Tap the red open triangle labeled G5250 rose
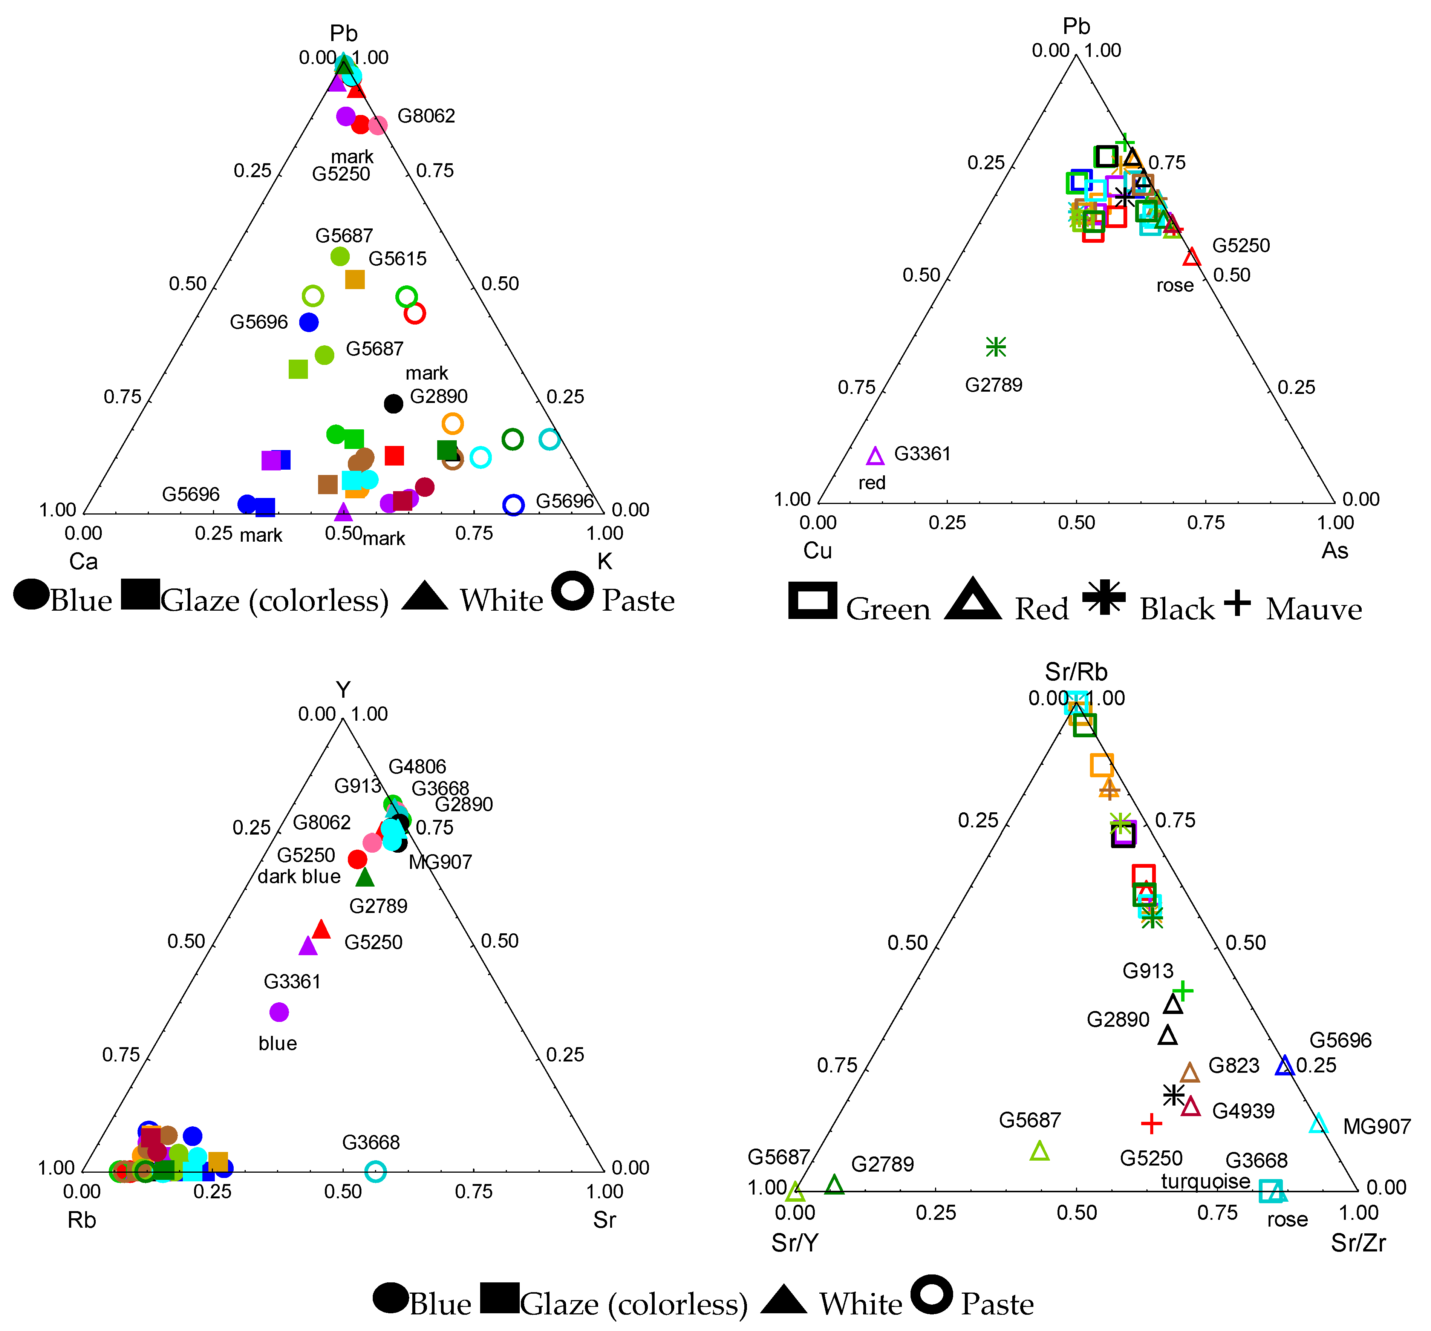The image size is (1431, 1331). [1192, 257]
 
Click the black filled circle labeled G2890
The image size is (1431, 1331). [393, 404]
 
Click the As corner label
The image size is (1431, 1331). [1335, 551]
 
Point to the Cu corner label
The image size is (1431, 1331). [818, 551]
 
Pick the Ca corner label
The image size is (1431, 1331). [84, 562]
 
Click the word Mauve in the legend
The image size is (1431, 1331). [1314, 610]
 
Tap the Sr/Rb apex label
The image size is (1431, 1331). [1076, 672]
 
